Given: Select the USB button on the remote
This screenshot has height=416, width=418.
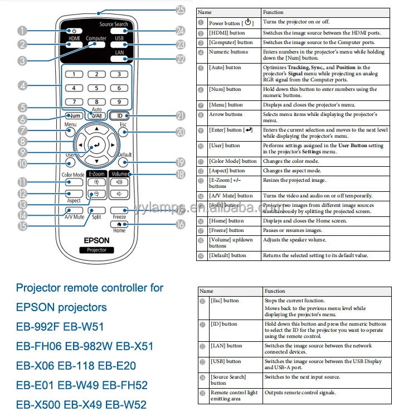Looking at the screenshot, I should (120, 45).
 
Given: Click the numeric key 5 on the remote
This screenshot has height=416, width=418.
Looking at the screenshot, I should (96, 88).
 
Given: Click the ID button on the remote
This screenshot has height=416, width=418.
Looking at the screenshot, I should (119, 116).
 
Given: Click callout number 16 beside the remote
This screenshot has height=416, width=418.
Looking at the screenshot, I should (179, 224).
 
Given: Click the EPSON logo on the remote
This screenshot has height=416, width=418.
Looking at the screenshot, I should (96, 240).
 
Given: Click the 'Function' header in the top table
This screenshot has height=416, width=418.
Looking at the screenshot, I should (274, 12).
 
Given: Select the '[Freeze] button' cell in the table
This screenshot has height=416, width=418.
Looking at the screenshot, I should (226, 230).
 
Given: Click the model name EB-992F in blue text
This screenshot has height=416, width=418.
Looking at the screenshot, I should (37, 327).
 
